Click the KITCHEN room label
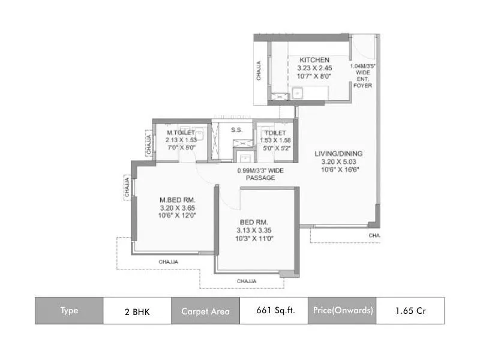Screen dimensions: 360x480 (x=314, y=60)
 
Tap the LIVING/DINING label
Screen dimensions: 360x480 (x=339, y=154)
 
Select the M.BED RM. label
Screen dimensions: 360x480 (x=177, y=200)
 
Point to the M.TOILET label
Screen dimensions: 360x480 (x=181, y=133)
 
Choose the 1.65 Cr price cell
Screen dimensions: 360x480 (x=410, y=311)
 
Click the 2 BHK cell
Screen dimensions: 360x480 (x=137, y=311)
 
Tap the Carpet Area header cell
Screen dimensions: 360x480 (x=205, y=311)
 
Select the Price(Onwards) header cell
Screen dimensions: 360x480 (x=342, y=311)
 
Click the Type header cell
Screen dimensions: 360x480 (x=69, y=311)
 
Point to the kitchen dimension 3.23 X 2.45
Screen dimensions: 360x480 (x=315, y=68)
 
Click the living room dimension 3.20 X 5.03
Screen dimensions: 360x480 (x=339, y=161)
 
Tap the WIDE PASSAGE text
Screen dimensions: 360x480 (x=260, y=174)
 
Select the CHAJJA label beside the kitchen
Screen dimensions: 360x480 (x=259, y=70)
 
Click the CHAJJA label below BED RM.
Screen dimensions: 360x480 (x=247, y=281)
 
